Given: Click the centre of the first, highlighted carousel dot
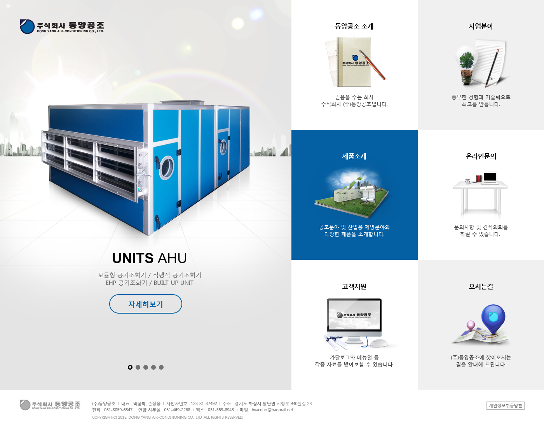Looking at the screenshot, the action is pos(130,367).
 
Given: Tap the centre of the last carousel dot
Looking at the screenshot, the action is pos(161,367).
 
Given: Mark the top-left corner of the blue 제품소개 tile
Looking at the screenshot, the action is pos(291,130).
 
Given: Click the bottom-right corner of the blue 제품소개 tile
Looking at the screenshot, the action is pos(418,260).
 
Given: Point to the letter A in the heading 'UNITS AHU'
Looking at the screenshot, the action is pos(163,258).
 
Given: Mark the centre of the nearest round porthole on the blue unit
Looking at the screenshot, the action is pos(166,167).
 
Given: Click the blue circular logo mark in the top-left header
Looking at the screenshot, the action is pos(27,26).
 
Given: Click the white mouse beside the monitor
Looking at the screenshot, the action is pos(379,343).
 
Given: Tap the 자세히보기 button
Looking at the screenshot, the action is pos(145,304).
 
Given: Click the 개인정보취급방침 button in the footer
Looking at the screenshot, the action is pos(505,405).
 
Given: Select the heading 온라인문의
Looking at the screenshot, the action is pos(481,156).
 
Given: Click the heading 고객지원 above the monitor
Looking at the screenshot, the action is pos(354,286).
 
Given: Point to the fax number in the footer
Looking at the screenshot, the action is pos(221,410).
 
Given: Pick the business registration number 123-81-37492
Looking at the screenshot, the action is pos(204,403).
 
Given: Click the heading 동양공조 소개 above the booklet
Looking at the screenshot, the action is pos(354,26).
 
